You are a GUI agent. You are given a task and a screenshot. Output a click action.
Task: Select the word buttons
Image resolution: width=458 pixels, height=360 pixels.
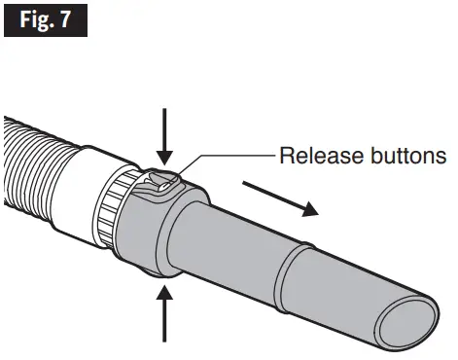pyautogui.click(x=400, y=155)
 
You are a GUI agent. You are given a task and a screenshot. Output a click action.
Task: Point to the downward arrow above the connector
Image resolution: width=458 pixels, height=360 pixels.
pyautogui.click(x=164, y=135)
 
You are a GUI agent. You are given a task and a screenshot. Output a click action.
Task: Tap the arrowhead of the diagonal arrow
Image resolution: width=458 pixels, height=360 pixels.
pyautogui.click(x=309, y=208)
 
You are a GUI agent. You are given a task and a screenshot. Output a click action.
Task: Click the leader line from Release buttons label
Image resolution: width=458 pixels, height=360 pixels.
pyautogui.click(x=233, y=155)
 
